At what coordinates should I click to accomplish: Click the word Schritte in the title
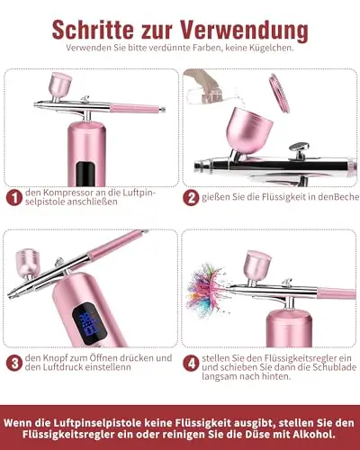pyautogui.click(x=93, y=30)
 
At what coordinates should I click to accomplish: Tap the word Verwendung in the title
pyautogui.click(x=245, y=30)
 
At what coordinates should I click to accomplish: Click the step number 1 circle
pyautogui.click(x=14, y=198)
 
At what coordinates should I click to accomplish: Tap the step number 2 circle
pyautogui.click(x=191, y=198)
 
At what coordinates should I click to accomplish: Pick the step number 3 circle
pyautogui.click(x=14, y=363)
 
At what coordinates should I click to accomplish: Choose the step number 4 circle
pyautogui.click(x=191, y=363)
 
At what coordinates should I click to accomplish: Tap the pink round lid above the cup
pyautogui.click(x=279, y=93)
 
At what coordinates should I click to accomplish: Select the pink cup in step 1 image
pyautogui.click(x=60, y=85)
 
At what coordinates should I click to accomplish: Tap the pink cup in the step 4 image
pyautogui.click(x=258, y=265)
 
